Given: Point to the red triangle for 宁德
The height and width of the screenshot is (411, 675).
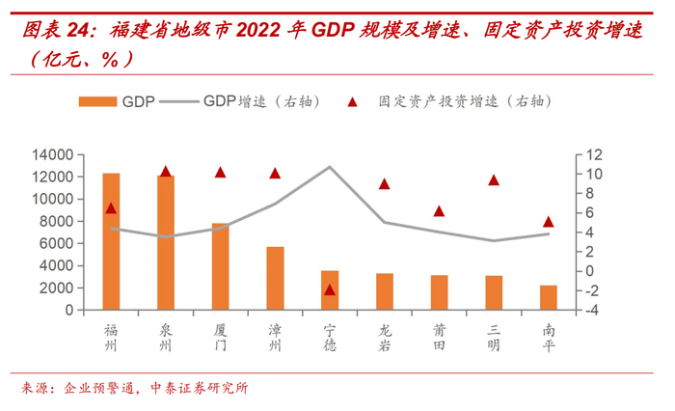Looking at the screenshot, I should [330, 289].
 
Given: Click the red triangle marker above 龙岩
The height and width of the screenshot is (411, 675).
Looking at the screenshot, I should [385, 183].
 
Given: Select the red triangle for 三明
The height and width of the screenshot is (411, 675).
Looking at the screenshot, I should [494, 179].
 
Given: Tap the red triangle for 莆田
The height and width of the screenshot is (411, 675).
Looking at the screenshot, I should [439, 210].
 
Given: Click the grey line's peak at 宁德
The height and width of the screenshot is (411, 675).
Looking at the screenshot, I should [330, 167].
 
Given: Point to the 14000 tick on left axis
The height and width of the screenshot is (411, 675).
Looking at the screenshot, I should [53, 154].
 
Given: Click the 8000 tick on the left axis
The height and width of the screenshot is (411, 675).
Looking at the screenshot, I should [57, 221].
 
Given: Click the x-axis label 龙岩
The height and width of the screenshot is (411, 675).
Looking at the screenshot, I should [385, 339].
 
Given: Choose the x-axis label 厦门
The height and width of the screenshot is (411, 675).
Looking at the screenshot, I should [221, 339].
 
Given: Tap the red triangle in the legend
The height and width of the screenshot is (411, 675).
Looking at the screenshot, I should [354, 100].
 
